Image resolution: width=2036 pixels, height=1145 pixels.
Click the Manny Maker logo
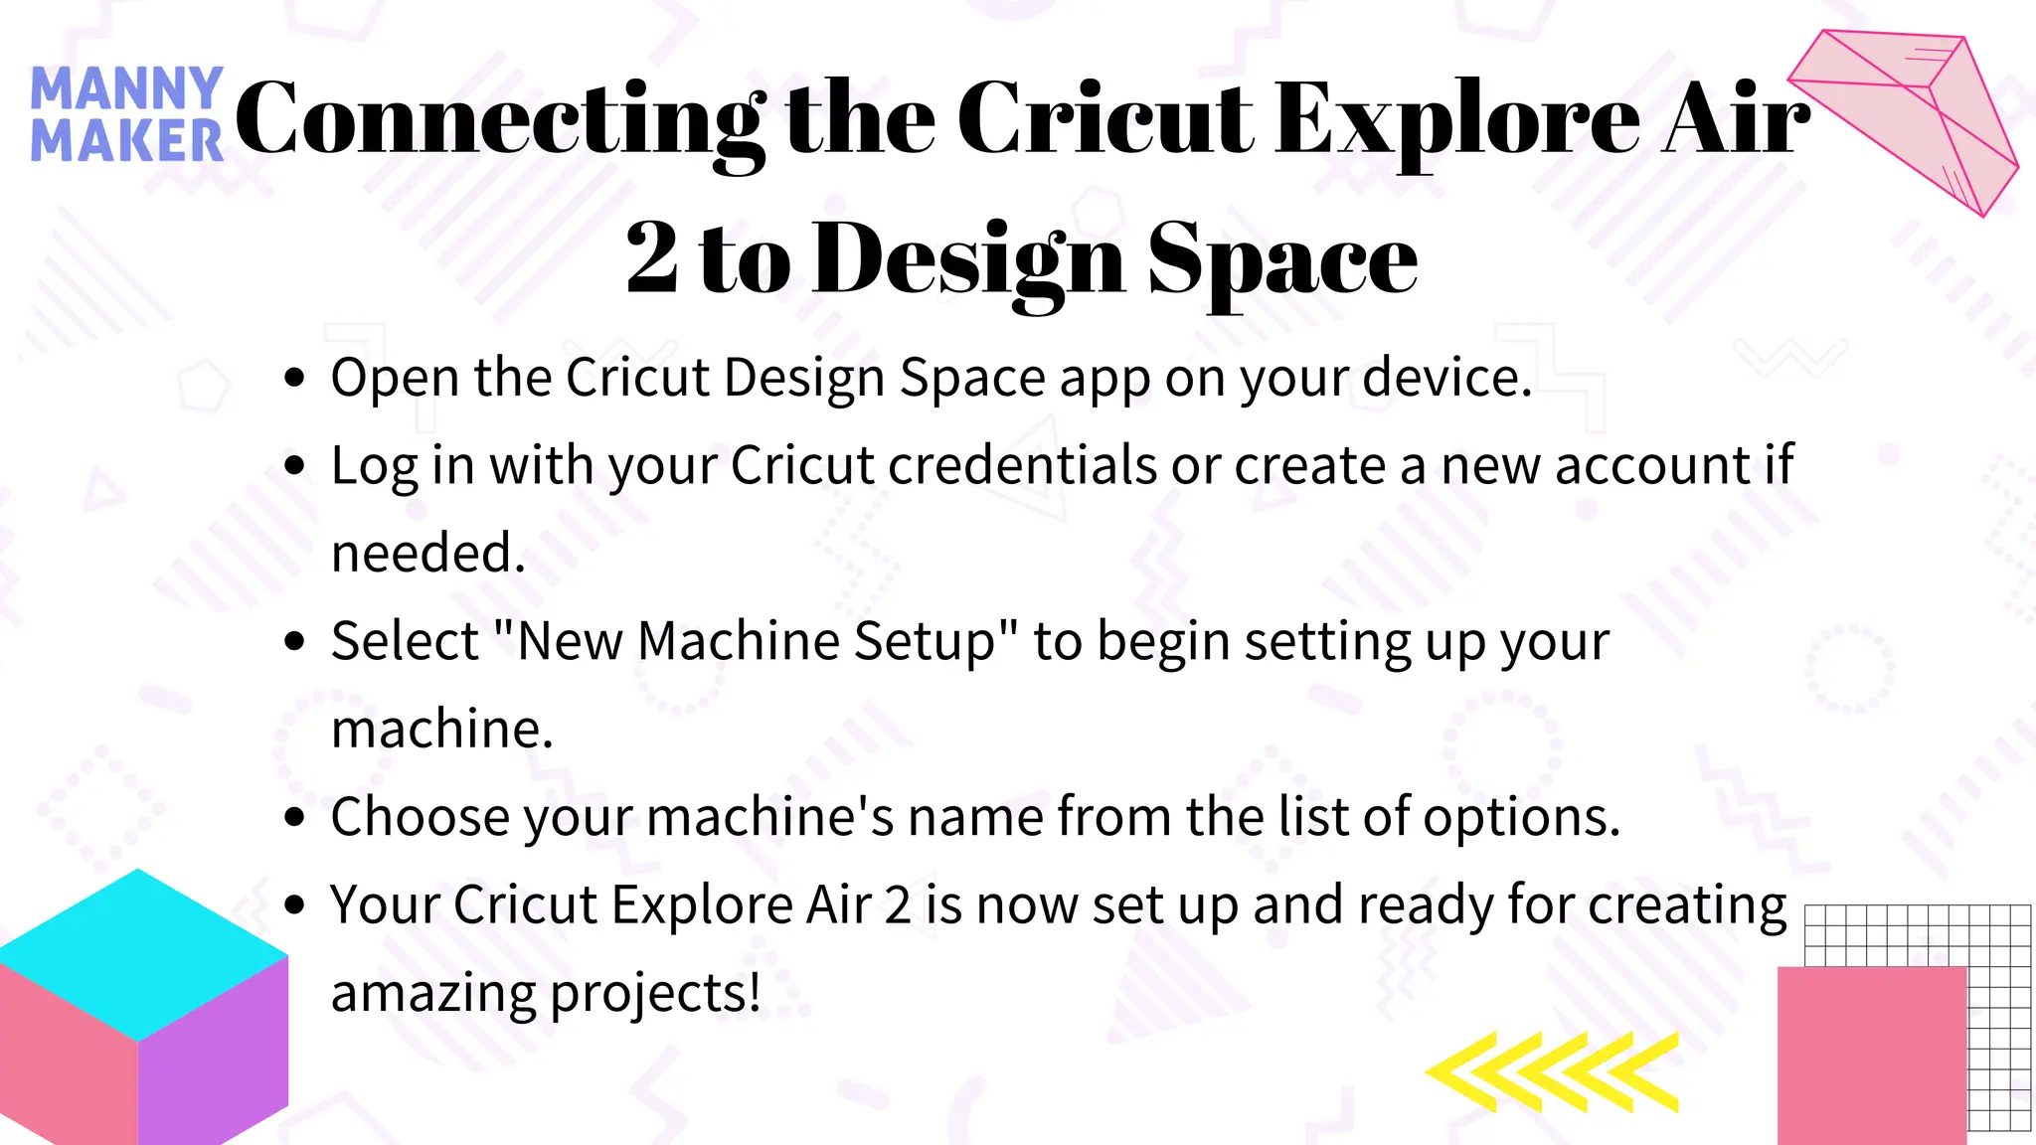(126, 114)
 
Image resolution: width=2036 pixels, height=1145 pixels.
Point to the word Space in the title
(1282, 260)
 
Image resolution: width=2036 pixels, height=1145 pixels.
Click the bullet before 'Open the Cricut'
(294, 379)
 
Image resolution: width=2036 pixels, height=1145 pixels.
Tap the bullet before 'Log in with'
(294, 466)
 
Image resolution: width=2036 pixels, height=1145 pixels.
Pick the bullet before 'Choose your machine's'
(294, 818)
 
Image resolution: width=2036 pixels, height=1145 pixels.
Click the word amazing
(433, 993)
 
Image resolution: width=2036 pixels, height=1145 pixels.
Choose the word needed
(427, 554)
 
